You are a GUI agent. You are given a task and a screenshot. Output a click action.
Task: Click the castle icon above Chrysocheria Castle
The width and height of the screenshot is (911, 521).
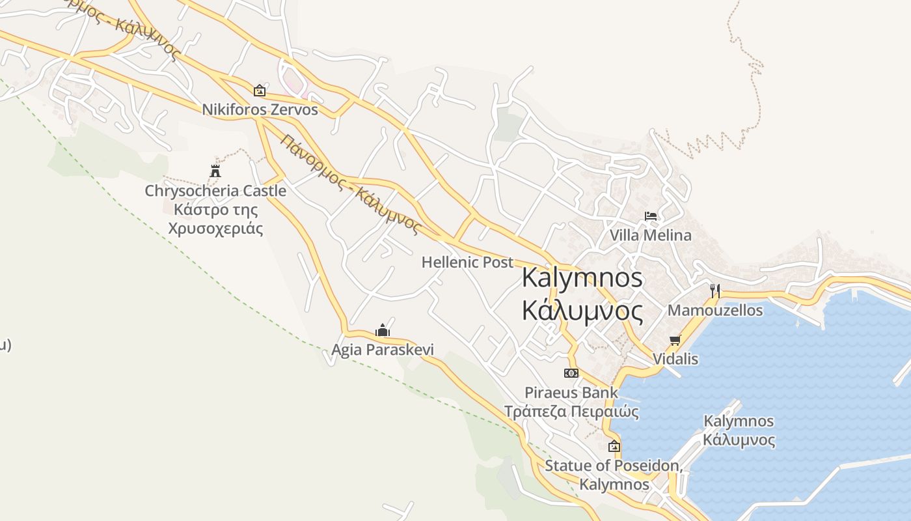[x=215, y=171]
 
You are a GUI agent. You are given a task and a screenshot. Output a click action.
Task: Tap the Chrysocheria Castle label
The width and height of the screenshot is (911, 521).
[x=215, y=191]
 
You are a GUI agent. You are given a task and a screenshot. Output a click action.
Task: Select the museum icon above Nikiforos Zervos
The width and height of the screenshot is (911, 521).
[x=260, y=91]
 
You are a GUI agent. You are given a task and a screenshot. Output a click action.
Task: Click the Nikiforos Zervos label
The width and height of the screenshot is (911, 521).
[x=260, y=109]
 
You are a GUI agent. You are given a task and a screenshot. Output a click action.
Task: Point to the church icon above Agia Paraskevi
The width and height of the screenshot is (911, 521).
[x=383, y=331]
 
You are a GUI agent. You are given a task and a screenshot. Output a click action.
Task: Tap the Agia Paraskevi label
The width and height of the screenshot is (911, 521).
[x=383, y=350]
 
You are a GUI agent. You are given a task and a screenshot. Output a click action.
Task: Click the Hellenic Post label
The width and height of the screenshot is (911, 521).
[x=467, y=262]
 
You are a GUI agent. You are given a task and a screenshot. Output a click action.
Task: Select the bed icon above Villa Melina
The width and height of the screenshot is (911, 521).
[x=651, y=216]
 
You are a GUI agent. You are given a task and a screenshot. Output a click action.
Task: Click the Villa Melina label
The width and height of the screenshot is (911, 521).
[x=651, y=235]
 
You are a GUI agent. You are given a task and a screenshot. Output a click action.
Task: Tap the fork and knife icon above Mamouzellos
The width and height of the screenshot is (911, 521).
[x=715, y=290]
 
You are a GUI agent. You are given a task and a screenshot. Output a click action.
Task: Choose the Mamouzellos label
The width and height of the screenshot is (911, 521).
[x=715, y=310]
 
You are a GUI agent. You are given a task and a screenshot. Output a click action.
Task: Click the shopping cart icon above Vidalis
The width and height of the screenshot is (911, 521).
[x=675, y=340]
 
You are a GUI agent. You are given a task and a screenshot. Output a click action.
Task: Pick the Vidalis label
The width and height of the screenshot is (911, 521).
[x=675, y=359]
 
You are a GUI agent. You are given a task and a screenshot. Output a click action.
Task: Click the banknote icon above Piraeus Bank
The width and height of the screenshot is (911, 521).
[x=571, y=373]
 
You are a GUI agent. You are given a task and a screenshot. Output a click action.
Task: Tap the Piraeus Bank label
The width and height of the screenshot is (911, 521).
[x=571, y=393]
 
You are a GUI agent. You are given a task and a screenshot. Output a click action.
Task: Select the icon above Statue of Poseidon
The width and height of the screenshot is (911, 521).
[x=614, y=447]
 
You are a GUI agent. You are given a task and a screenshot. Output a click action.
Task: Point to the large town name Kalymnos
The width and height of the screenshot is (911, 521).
[x=582, y=278]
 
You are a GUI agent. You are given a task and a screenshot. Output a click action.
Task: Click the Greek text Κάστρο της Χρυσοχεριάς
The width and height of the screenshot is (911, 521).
[x=215, y=219]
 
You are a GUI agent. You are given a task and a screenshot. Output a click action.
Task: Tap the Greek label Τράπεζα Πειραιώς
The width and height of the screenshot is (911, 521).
[x=571, y=412]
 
